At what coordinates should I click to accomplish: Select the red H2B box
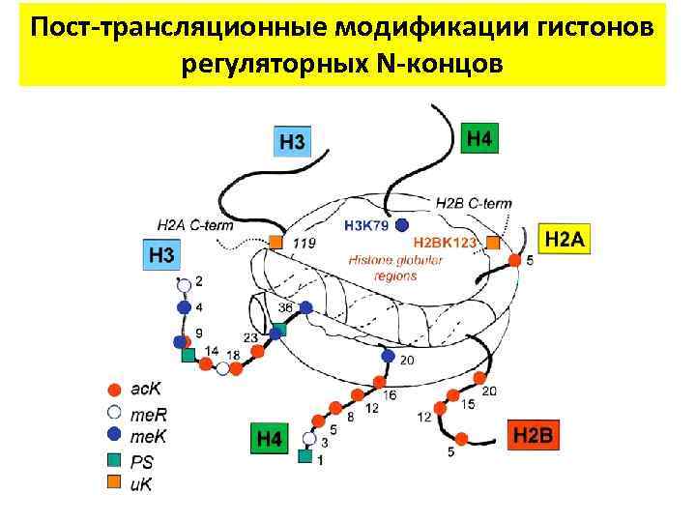click(x=533, y=435)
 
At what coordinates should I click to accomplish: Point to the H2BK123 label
click(x=444, y=243)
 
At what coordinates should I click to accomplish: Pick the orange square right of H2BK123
click(x=494, y=243)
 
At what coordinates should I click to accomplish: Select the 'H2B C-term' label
click(x=474, y=203)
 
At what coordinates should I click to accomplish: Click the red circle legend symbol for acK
click(x=113, y=391)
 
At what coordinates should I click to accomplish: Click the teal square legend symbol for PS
click(x=113, y=459)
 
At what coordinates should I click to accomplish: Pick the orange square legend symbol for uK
click(x=113, y=480)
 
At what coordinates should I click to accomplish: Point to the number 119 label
click(x=303, y=244)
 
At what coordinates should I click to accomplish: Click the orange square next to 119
click(x=275, y=242)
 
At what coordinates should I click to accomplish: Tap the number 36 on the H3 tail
click(x=285, y=307)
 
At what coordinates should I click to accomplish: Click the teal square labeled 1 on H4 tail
click(x=305, y=456)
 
